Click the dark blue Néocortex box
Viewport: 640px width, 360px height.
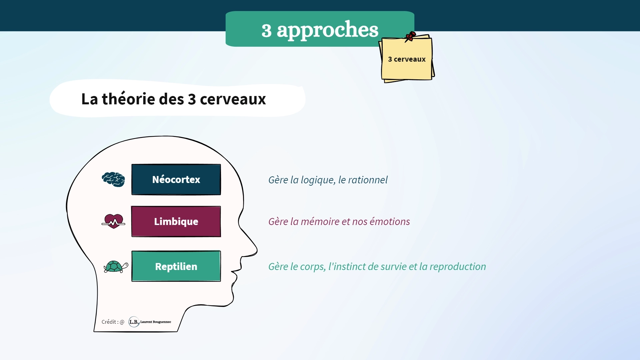[176, 179]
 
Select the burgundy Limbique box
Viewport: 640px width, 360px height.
[176, 221]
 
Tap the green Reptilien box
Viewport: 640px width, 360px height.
[176, 266]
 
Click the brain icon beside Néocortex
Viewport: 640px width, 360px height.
[113, 179]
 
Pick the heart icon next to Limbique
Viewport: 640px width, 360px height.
[113, 221]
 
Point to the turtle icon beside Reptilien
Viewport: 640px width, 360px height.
[116, 267]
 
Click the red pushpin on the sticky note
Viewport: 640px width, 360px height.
[410, 36]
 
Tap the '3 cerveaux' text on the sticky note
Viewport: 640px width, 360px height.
[407, 59]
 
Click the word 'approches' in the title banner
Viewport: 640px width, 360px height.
[328, 30]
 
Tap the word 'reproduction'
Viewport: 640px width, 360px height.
[458, 267]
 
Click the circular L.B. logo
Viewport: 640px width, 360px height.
[134, 322]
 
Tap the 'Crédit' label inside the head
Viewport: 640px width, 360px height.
[109, 322]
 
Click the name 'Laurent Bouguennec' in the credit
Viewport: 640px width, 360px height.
[156, 322]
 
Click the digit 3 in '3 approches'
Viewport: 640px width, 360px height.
[266, 31]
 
